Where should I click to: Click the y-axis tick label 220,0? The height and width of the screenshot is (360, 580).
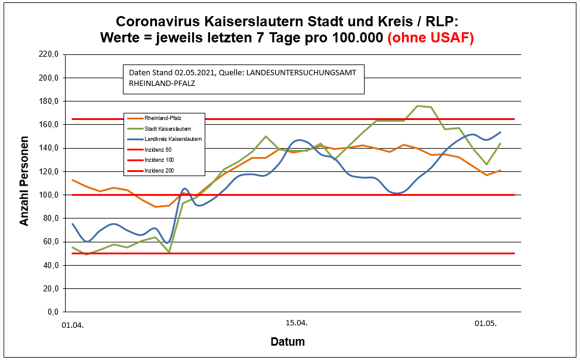(x=50, y=54)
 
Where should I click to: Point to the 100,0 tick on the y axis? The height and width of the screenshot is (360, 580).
(x=50, y=195)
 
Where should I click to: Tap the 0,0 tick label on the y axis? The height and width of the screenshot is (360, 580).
(x=54, y=312)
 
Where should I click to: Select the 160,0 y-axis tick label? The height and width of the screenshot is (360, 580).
(x=50, y=125)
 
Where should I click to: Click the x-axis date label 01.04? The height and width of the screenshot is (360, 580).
(x=73, y=325)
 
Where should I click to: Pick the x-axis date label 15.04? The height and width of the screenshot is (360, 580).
(x=297, y=323)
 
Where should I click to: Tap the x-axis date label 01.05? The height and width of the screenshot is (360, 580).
(x=486, y=324)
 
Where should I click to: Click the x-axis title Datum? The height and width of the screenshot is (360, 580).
(x=288, y=342)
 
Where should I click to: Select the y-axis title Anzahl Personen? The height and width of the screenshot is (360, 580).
(x=24, y=183)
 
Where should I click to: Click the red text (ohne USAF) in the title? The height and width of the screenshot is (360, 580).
(x=430, y=38)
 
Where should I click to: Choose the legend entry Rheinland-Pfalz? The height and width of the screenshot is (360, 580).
(x=163, y=118)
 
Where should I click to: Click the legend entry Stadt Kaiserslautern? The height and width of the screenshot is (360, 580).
(x=168, y=128)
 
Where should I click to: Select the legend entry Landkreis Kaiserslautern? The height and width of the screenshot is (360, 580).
(x=172, y=139)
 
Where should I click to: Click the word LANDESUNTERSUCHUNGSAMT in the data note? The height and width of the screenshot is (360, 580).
(x=304, y=73)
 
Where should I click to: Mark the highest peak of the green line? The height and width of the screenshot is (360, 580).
(x=417, y=106)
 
